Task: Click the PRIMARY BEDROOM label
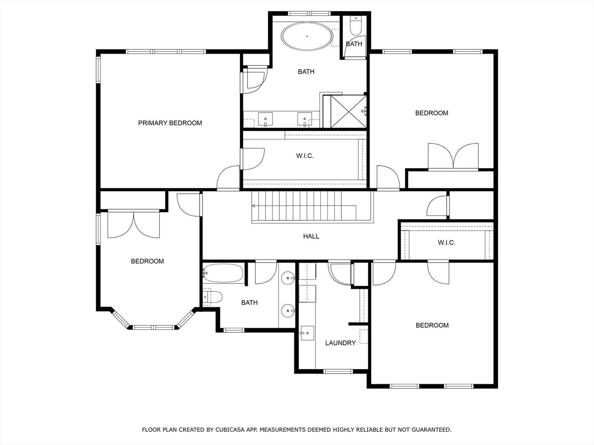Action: click(170, 123)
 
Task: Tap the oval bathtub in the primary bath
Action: click(307, 37)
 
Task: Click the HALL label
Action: click(311, 236)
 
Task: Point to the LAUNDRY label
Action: click(340, 343)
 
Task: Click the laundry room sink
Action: click(307, 333)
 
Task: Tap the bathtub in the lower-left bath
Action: click(223, 273)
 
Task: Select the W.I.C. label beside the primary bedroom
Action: click(305, 156)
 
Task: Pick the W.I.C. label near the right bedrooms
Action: click(446, 243)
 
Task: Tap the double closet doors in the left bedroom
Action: click(133, 225)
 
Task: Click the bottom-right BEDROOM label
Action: click(432, 325)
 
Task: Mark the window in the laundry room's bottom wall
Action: click(338, 371)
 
